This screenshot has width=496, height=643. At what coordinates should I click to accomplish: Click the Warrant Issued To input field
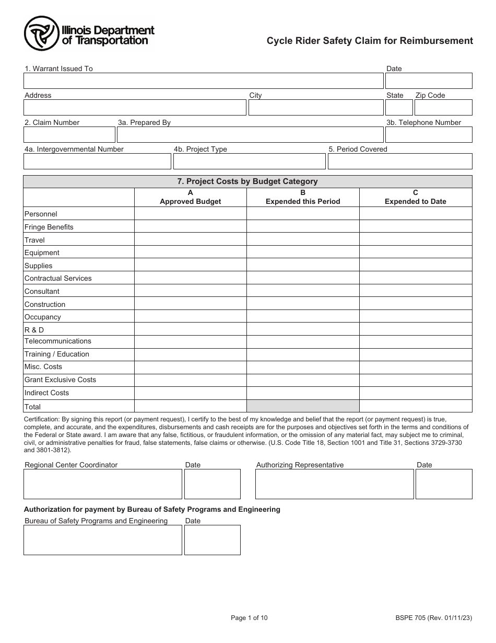click(203, 81)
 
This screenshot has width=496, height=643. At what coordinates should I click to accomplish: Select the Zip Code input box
click(443, 108)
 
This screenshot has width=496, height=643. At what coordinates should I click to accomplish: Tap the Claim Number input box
click(69, 135)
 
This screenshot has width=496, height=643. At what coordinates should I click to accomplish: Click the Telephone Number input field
click(428, 135)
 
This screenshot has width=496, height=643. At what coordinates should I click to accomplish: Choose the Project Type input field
click(249, 162)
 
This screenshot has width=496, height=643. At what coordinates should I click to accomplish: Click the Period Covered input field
click(399, 162)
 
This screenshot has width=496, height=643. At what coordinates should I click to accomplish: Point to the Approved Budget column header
click(191, 197)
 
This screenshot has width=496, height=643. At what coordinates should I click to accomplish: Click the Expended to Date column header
click(416, 197)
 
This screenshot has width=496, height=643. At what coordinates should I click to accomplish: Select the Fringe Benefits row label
click(49, 227)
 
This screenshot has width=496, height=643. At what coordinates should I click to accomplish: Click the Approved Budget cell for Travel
click(191, 239)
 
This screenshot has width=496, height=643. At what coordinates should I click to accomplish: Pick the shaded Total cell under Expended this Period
click(303, 406)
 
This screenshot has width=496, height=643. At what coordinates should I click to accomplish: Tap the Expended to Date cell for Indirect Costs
click(416, 393)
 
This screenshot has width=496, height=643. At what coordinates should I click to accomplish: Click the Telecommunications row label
click(58, 341)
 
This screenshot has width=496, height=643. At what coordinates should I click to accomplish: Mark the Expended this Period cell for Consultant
click(303, 291)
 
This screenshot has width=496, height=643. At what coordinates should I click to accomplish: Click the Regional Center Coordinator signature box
click(102, 484)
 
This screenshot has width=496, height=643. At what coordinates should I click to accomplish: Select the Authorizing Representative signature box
click(334, 484)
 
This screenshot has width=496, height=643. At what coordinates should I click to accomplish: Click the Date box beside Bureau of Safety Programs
click(212, 540)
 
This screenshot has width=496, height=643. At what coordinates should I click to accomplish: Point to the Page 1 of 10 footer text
click(249, 618)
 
